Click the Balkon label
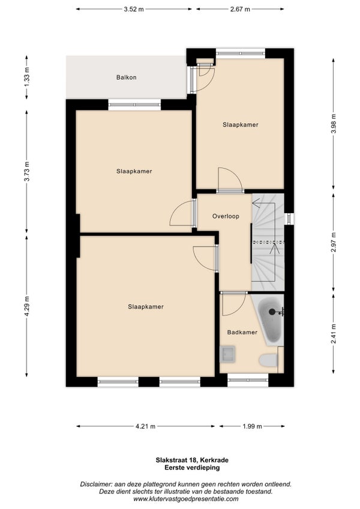[x=126, y=77]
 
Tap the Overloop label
[x=226, y=216]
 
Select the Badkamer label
[x=242, y=332]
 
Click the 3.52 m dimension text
[x=134, y=10]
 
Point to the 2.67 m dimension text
[x=240, y=10]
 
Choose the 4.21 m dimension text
[x=145, y=426]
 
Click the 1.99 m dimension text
[x=252, y=426]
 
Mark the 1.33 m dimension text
[x=27, y=77]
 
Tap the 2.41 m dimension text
[x=334, y=334]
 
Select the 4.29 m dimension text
[x=27, y=306]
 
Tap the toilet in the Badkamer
[x=269, y=360]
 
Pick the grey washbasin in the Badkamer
[x=227, y=354]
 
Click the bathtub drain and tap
[x=275, y=312]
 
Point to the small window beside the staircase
[x=289, y=218]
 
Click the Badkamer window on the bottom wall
[x=248, y=380]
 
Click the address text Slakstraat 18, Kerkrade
[x=192, y=460]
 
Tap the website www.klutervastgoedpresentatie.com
[x=185, y=499]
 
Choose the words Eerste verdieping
[x=192, y=468]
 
